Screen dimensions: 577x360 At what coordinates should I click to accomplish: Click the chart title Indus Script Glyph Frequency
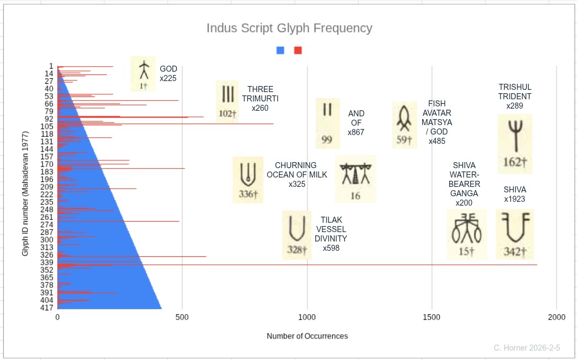[289, 28]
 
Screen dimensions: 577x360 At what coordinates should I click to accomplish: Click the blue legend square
[280, 50]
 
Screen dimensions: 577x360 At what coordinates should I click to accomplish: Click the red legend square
[298, 50]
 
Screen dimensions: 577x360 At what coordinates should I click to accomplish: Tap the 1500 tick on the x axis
[432, 318]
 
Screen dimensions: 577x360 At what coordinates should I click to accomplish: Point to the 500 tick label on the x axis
[182, 318]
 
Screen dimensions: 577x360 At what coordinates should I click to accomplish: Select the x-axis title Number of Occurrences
[308, 336]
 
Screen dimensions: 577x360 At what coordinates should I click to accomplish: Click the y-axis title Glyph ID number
[25, 194]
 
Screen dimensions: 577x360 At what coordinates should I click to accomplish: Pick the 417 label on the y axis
[47, 308]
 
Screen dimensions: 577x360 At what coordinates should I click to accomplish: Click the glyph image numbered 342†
[515, 234]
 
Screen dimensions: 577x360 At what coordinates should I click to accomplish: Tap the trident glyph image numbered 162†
[515, 144]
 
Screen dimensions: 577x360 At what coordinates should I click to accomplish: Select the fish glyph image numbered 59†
[405, 125]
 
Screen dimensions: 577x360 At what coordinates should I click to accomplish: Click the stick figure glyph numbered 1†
[143, 74]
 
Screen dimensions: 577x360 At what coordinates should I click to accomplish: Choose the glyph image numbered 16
[355, 179]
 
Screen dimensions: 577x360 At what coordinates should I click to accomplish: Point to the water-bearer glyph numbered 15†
[467, 234]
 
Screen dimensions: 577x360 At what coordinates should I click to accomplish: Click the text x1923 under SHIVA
[515, 199]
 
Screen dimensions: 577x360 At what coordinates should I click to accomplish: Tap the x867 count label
[356, 132]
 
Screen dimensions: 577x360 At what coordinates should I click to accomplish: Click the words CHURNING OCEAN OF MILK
[296, 170]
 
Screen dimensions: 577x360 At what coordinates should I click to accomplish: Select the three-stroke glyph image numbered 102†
[228, 101]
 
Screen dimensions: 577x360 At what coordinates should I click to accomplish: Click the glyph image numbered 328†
[296, 235]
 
